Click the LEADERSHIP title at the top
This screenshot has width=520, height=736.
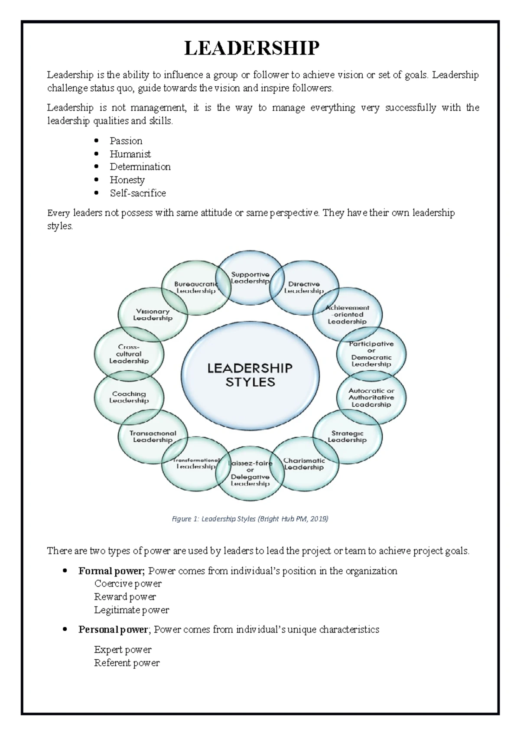tap(252, 48)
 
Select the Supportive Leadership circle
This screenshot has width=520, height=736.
tap(250, 278)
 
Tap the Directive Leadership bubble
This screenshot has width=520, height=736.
tap(304, 287)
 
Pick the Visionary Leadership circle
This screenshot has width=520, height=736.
tap(153, 315)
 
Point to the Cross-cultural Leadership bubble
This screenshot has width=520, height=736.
tap(129, 354)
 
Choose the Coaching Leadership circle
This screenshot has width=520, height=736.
tap(129, 397)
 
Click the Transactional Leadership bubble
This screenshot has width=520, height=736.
tap(153, 436)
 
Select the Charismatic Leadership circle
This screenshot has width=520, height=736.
tap(304, 464)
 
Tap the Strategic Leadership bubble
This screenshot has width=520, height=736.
tap(347, 436)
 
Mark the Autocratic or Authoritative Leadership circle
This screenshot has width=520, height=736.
tap(371, 397)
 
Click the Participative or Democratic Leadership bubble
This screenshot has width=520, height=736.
tap(371, 354)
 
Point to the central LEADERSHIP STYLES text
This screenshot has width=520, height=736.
tap(250, 375)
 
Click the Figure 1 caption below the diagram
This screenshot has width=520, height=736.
tap(250, 519)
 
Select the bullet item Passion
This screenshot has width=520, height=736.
tap(126, 141)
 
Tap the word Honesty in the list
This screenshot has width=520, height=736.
tap(127, 180)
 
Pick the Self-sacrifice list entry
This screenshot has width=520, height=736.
tap(138, 193)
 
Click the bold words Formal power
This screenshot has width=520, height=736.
tap(111, 571)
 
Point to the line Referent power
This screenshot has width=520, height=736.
tap(127, 663)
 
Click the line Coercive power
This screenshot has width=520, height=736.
tap(128, 584)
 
